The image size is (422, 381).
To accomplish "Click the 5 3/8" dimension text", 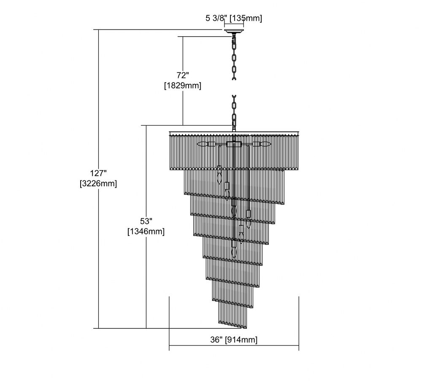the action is point(215,18).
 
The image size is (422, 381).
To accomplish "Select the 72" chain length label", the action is point(183,75).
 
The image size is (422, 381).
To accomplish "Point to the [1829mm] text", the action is point(183,86).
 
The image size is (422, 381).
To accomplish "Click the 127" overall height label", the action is point(98,173).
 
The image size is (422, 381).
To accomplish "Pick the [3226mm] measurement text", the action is point(98,183).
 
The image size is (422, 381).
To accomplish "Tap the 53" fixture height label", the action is point(146,221).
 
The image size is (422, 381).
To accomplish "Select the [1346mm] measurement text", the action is point(146,231).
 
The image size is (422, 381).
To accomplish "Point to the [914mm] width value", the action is point(241,340).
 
